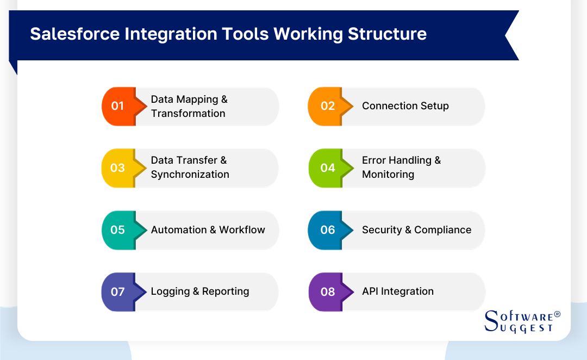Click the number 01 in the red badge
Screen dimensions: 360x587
[117, 106]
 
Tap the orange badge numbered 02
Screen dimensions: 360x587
[327, 106]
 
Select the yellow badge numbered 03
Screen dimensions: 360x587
[117, 167]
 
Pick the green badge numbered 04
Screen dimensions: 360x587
[327, 167]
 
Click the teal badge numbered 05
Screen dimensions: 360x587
[117, 229]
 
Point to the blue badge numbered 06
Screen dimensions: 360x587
[327, 229]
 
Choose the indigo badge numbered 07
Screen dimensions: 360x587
[117, 291]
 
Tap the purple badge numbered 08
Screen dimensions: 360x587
[327, 291]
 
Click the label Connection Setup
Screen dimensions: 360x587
[405, 106]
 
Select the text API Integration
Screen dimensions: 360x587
[398, 291]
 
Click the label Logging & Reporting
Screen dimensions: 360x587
[200, 291]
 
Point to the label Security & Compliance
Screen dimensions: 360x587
[416, 229]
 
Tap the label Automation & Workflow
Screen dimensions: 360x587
[208, 229]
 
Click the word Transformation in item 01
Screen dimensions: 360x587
[188, 113]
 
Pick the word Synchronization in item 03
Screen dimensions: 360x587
[190, 175]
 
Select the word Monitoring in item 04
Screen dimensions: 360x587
[388, 175]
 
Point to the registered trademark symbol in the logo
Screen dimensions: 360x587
[557, 314]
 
